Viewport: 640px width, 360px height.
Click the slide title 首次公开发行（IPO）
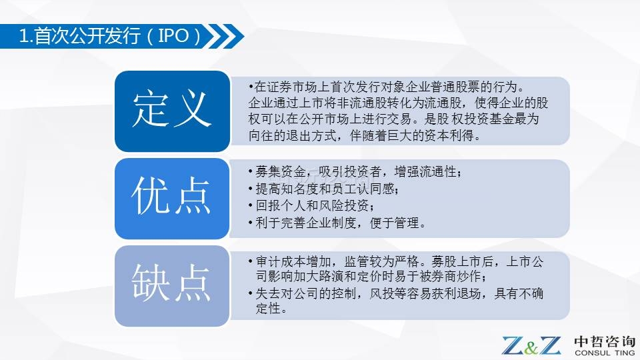coord(110,36)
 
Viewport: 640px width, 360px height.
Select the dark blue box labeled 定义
coord(172,111)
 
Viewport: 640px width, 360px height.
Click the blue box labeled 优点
coord(172,199)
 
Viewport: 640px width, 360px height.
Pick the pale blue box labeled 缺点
coord(172,286)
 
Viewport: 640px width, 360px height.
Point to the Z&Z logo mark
coord(531,345)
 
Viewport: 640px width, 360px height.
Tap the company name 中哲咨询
coord(605,341)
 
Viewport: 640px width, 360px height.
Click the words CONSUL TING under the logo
coord(605,353)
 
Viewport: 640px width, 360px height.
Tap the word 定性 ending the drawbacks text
coord(268,308)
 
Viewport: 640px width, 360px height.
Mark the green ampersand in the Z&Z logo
coord(531,347)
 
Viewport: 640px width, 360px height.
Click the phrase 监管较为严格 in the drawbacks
coord(382,261)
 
